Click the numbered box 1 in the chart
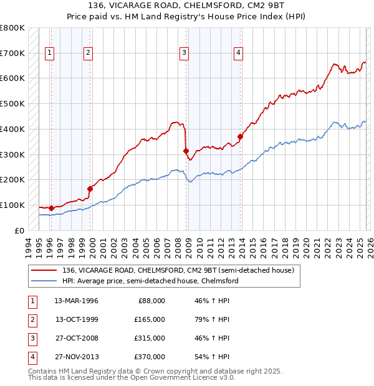point(49,54)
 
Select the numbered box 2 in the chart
point(89,54)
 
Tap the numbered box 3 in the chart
point(185,54)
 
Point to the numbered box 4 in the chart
point(238,54)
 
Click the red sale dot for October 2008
point(186,151)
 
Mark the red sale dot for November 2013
point(240,136)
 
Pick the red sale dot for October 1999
point(90,189)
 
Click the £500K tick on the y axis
point(12,104)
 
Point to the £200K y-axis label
point(12,180)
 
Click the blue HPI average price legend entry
point(150,281)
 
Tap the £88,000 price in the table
point(151,301)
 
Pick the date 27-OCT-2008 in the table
point(76,338)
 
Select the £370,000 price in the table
point(149,357)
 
